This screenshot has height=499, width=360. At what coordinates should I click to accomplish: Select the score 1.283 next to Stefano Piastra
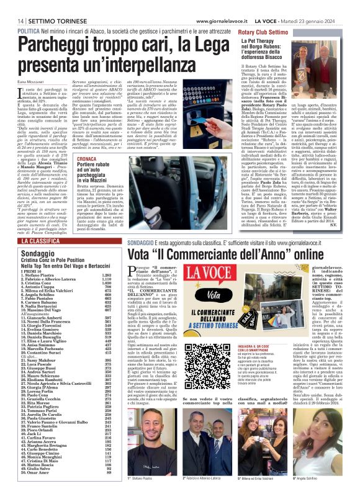106,274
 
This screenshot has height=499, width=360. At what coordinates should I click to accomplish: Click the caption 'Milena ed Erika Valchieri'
261,479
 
